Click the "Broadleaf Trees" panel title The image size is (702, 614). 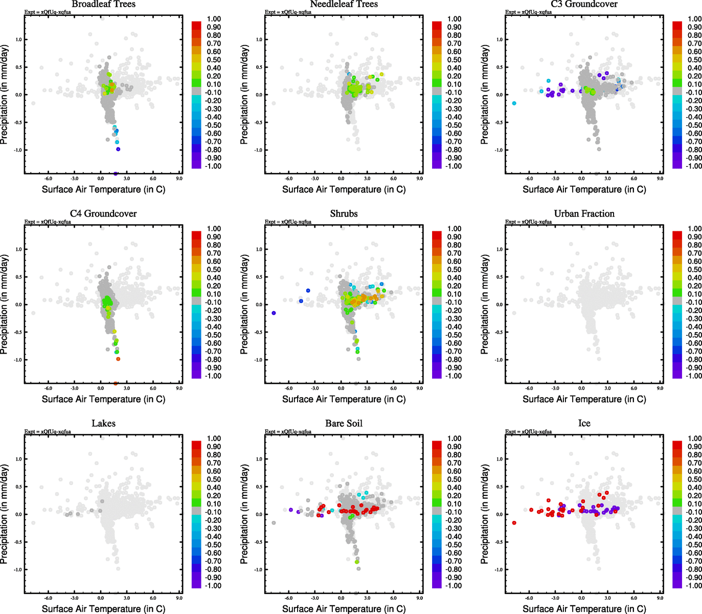point(103,4)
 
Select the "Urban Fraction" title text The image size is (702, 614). point(584,214)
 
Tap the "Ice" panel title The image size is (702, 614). point(584,424)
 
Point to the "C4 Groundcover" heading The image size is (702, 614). point(103,214)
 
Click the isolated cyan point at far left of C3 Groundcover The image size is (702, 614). point(514,103)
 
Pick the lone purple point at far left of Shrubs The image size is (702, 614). point(274,313)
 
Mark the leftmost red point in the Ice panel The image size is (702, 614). point(514,523)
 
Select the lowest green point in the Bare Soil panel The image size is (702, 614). point(357,562)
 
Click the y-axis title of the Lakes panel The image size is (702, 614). point(5,514)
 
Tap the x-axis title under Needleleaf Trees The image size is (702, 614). point(344,189)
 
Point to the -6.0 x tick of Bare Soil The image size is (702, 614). point(288,598)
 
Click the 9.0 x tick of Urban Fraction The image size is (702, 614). point(660,388)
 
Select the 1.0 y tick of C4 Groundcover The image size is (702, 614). point(18,249)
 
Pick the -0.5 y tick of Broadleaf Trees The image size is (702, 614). point(17,122)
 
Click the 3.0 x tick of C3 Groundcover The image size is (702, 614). point(607,179)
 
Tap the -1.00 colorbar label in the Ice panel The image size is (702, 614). point(694,585)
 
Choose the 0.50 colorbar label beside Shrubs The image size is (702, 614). point(454,270)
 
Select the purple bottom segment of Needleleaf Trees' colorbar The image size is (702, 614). point(437,164)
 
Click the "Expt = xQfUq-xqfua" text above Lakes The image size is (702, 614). point(48,432)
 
